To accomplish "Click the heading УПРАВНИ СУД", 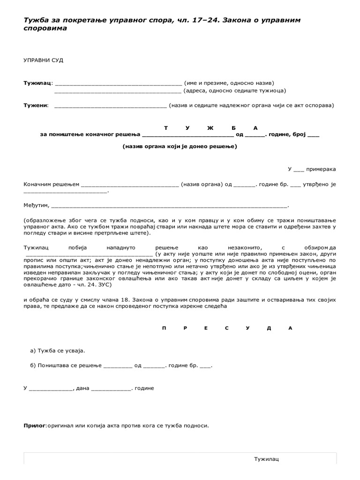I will click(43, 60).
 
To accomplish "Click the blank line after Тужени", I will click(110, 106).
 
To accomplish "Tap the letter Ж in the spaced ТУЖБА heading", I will click(210, 128).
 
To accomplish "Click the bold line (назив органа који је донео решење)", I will click(180, 146).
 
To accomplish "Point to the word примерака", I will click(321, 169).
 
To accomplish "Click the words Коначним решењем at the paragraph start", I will click(52, 184).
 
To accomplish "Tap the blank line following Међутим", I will click(169, 206).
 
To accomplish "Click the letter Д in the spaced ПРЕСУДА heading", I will click(269, 328).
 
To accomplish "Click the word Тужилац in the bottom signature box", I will click(266, 459).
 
